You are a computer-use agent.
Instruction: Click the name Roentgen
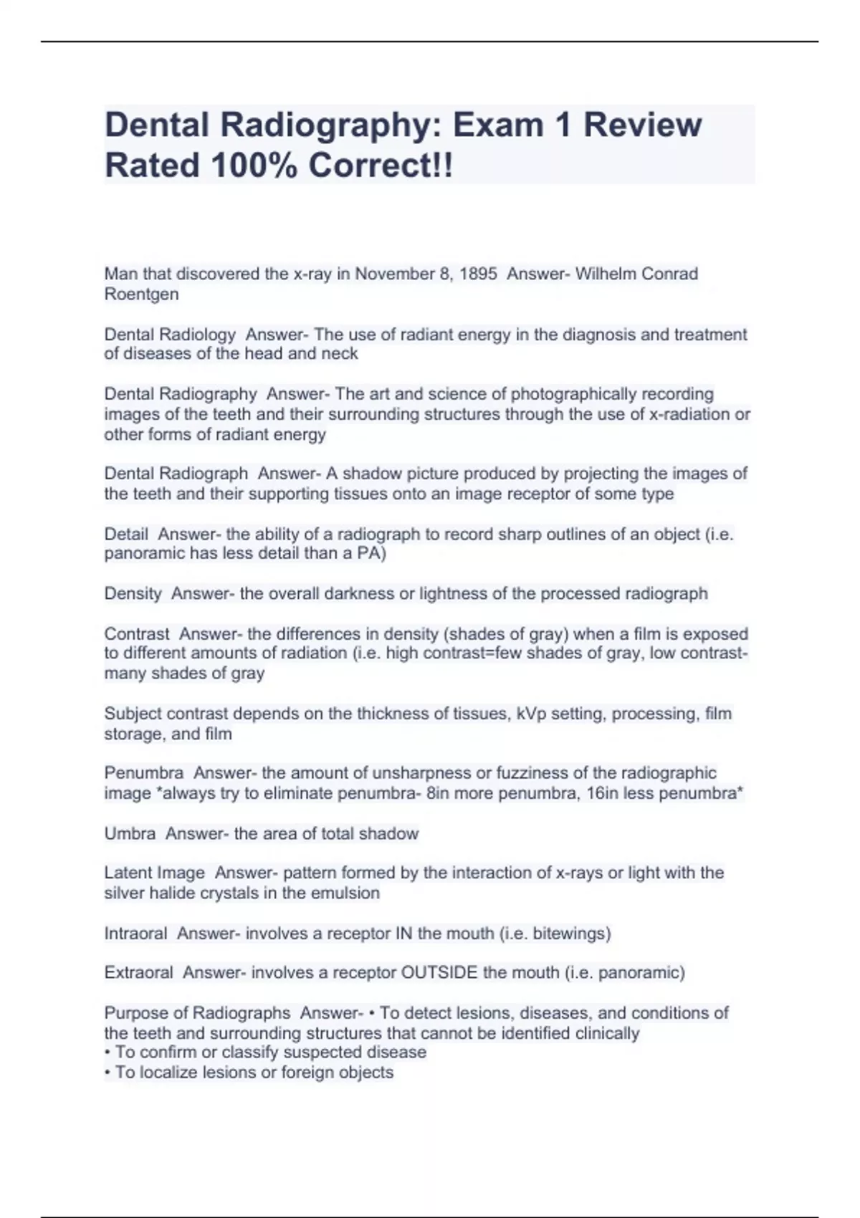(141, 294)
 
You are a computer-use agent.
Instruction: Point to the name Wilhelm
(606, 274)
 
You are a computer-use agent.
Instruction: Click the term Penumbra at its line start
(143, 773)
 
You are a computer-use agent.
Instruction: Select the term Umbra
(130, 833)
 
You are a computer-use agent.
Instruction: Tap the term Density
(133, 593)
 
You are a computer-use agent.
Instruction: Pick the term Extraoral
(138, 972)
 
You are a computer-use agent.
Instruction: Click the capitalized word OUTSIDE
(439, 972)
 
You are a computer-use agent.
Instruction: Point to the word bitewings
(573, 934)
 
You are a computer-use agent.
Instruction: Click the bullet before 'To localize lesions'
(108, 1073)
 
